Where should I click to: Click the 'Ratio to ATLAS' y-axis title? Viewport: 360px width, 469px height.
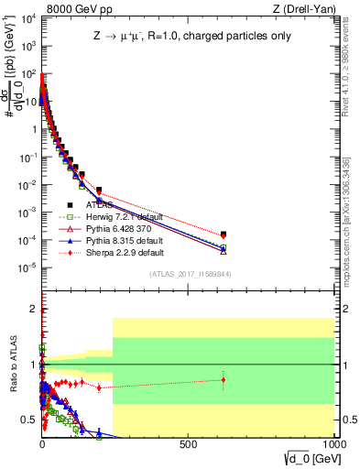click(13, 364)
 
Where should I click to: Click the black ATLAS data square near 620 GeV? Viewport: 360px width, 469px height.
click(224, 234)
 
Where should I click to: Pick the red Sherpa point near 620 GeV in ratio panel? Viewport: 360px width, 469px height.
click(224, 379)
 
